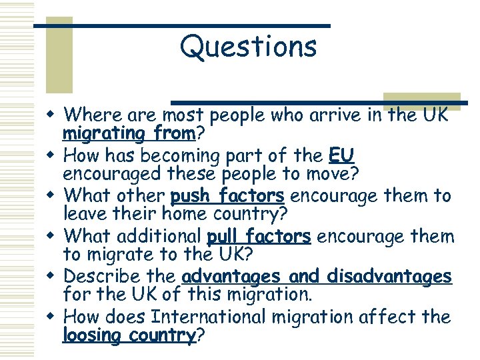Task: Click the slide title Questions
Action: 248,47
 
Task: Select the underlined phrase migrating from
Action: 129,135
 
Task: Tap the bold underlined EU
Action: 341,156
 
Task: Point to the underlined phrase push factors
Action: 227,197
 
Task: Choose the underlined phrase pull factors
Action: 259,237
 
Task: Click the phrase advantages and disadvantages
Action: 317,277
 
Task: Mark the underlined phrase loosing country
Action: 129,335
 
